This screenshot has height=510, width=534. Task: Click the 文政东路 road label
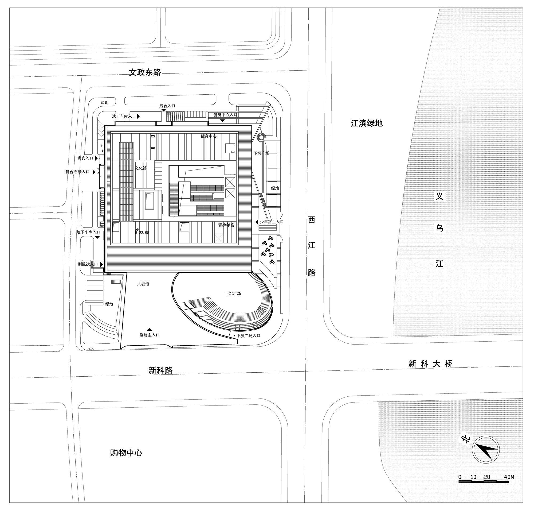tap(145, 72)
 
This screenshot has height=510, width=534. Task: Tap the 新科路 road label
tap(160, 370)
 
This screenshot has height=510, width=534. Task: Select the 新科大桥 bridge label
tap(430, 364)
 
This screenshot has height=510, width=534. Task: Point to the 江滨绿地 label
tap(366, 123)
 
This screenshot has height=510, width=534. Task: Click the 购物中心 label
tap(126, 453)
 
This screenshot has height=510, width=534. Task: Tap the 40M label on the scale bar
tap(509, 477)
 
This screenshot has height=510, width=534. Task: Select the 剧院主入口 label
tap(150, 335)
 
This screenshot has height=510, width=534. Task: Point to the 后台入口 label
tap(167, 106)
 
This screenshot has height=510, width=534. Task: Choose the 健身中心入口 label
tap(225, 115)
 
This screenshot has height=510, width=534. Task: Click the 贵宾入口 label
tap(85, 158)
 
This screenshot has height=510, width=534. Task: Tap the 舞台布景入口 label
tap(77, 172)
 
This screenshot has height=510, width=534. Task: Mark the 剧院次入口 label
tap(88, 264)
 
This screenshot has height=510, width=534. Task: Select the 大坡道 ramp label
tap(143, 284)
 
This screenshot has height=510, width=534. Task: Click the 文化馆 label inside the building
tap(141, 168)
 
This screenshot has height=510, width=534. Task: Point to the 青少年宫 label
tap(226, 225)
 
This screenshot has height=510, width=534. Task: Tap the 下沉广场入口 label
tap(248, 336)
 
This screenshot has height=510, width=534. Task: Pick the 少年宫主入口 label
tap(271, 222)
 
